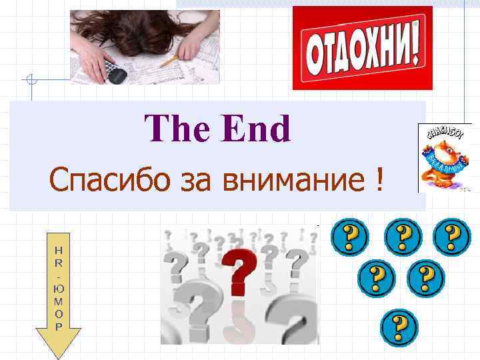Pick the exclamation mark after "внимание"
click(x=379, y=179)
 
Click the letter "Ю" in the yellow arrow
click(x=58, y=289)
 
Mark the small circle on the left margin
click(x=30, y=80)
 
